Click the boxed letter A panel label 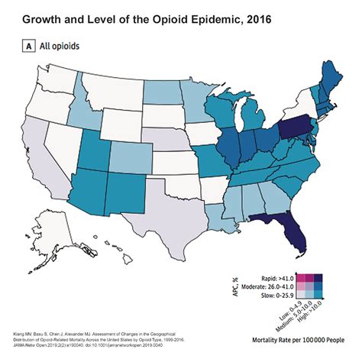click(28, 46)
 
